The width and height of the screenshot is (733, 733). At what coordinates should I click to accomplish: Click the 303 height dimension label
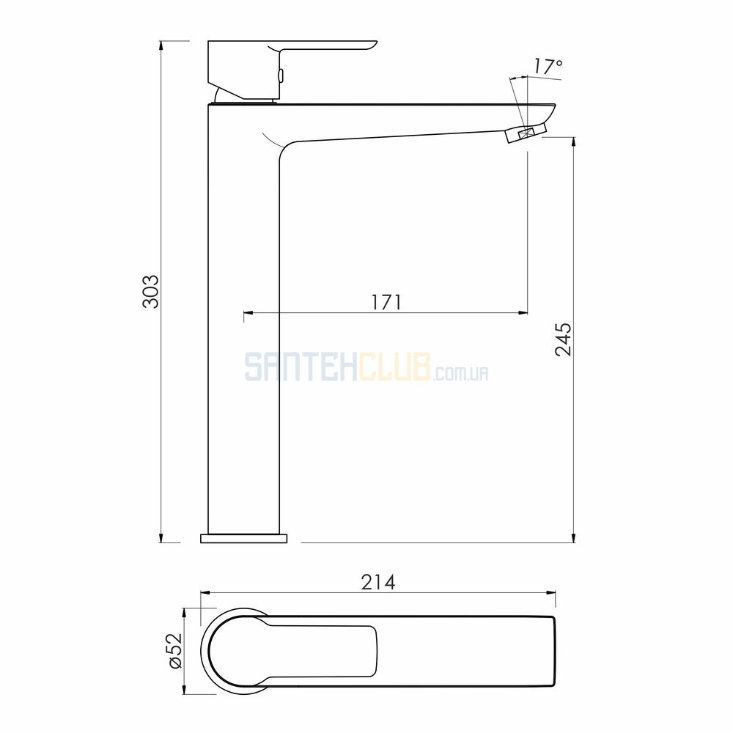click(151, 292)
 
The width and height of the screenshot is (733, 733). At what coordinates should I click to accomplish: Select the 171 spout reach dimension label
click(386, 302)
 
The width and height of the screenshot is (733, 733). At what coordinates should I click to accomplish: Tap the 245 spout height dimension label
click(563, 339)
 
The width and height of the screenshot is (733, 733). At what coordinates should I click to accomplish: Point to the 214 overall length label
click(378, 582)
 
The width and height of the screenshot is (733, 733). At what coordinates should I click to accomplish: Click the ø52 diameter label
click(175, 651)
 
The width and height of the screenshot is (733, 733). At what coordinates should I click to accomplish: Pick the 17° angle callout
click(548, 67)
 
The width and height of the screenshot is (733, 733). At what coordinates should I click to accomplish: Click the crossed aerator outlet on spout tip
click(526, 133)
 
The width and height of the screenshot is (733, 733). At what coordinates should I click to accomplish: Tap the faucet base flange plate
click(243, 538)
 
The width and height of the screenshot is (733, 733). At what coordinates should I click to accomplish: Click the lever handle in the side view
click(292, 70)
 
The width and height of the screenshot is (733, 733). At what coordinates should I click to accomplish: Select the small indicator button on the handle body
click(281, 75)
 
